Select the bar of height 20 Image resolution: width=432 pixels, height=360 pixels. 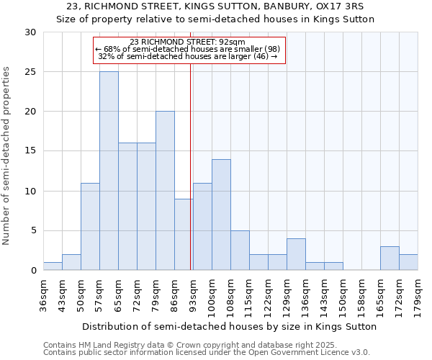coord(165,191)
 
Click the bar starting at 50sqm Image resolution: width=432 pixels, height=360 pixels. coord(90,227)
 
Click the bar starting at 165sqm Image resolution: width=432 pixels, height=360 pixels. coord(390,258)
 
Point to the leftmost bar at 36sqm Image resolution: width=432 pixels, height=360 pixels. coord(53,266)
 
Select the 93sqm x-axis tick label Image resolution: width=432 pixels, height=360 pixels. coord(193,293)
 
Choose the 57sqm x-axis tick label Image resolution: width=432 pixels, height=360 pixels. coord(99,293)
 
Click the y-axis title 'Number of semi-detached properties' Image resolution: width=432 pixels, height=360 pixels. coord(7,156)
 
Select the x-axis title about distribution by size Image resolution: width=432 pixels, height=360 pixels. coord(229,326)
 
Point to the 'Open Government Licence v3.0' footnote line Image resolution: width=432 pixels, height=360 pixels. coord(206,352)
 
